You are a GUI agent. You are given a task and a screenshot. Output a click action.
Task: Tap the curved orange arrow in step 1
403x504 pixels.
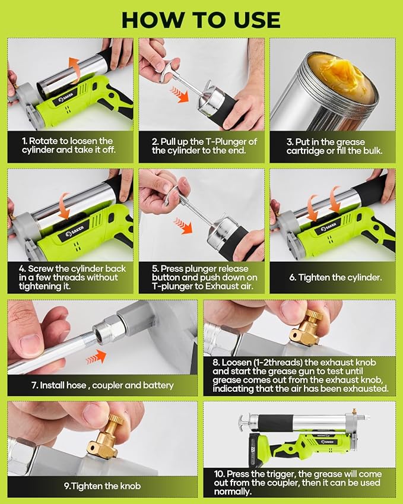[x=75, y=68]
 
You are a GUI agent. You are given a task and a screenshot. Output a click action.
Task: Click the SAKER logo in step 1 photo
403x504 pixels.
[x=65, y=97]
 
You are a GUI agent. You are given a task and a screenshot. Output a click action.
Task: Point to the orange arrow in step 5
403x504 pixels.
[x=183, y=224]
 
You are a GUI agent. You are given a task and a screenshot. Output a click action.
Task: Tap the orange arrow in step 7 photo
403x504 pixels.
[x=96, y=357]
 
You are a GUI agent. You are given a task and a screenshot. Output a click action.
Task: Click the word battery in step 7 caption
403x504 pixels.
[x=160, y=385]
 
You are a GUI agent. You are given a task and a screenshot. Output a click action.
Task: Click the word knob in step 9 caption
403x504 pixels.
[x=131, y=486]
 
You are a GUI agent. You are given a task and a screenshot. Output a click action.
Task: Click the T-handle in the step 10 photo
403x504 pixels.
[x=246, y=420]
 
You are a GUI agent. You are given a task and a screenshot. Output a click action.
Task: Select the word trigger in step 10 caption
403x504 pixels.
[x=283, y=474]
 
